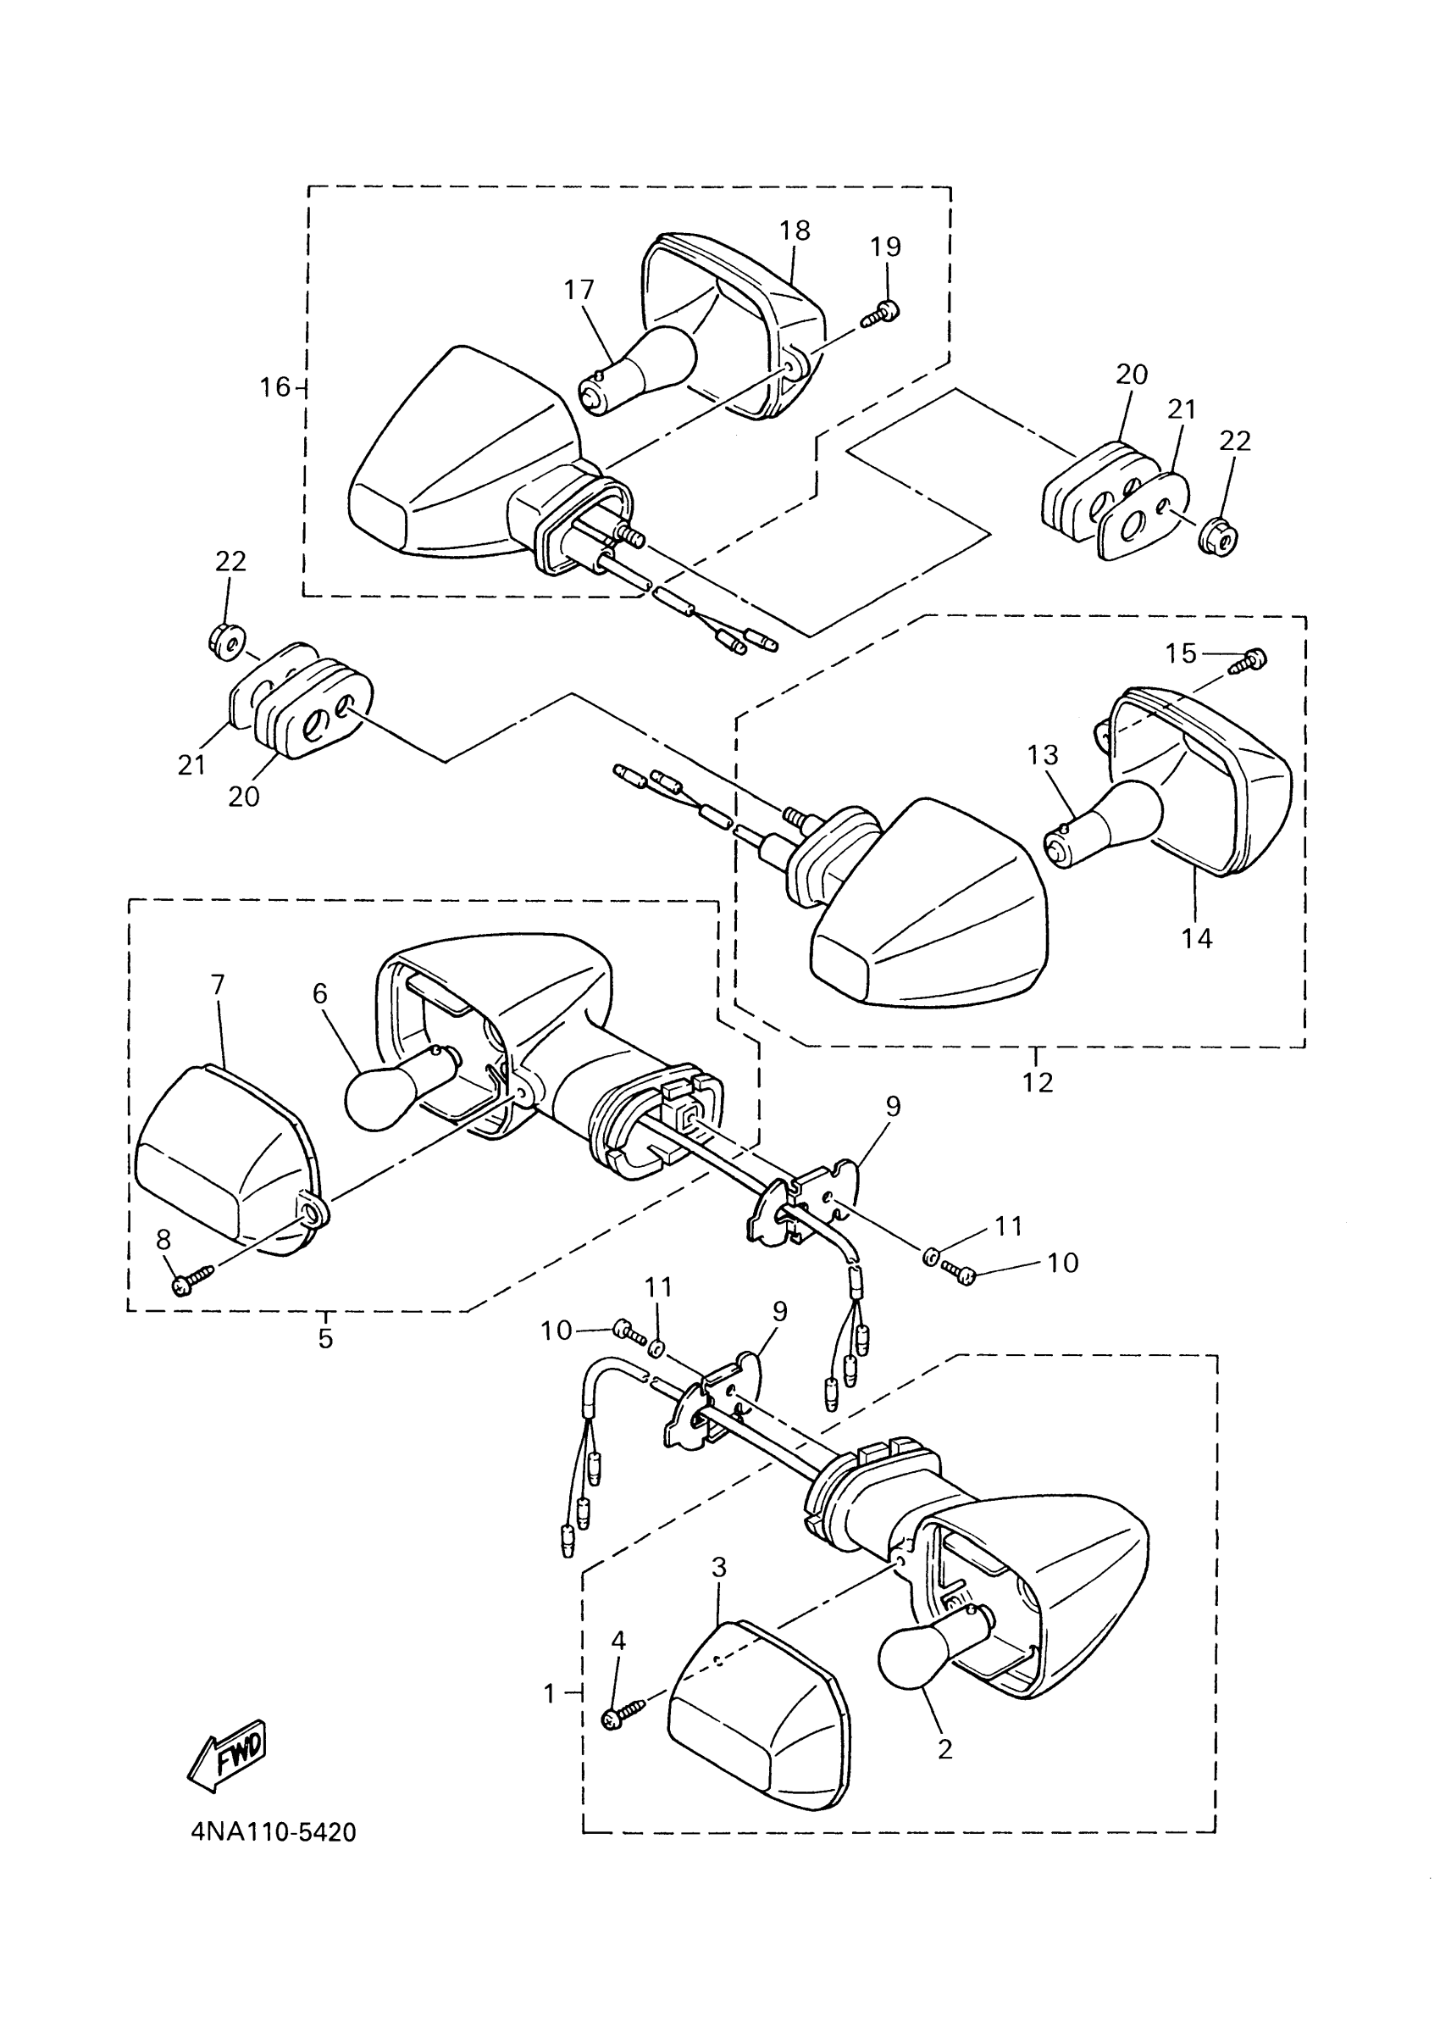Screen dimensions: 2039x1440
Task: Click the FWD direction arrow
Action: click(x=227, y=1753)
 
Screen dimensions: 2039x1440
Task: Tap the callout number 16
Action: click(x=275, y=387)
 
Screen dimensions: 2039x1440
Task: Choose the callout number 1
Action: click(x=550, y=1693)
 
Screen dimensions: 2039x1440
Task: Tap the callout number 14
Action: click(x=1197, y=939)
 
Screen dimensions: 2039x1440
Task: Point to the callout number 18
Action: click(x=795, y=230)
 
